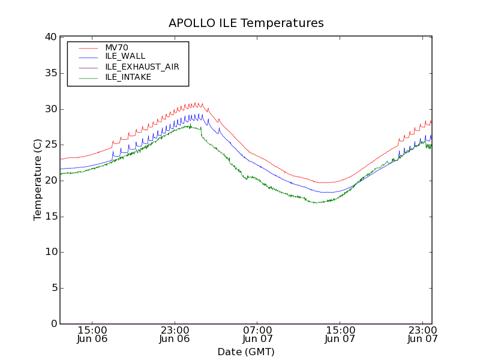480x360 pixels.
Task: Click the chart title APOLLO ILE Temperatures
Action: pyautogui.click(x=246, y=23)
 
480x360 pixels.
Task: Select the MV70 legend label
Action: pyautogui.click(x=116, y=47)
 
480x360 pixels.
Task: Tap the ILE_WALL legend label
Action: pyautogui.click(x=125, y=56)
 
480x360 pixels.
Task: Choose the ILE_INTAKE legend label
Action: pyautogui.click(x=128, y=77)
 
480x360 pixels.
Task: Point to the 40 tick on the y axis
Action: pyautogui.click(x=50, y=37)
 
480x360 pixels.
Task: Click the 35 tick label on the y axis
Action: pyautogui.click(x=50, y=73)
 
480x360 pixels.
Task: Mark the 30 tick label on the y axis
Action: pyautogui.click(x=50, y=109)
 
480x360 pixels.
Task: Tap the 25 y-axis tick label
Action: pyautogui.click(x=50, y=145)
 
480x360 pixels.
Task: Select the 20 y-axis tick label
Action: pyautogui.click(x=50, y=181)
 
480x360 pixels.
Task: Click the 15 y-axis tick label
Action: pyautogui.click(x=50, y=217)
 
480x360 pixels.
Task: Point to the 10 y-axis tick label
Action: pyautogui.click(x=50, y=252)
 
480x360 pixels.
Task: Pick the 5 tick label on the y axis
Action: pyautogui.click(x=53, y=288)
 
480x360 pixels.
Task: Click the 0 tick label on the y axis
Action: pyautogui.click(x=53, y=324)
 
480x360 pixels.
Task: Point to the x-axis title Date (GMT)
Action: pyautogui.click(x=246, y=352)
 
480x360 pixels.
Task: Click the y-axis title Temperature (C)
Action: pyautogui.click(x=38, y=180)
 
